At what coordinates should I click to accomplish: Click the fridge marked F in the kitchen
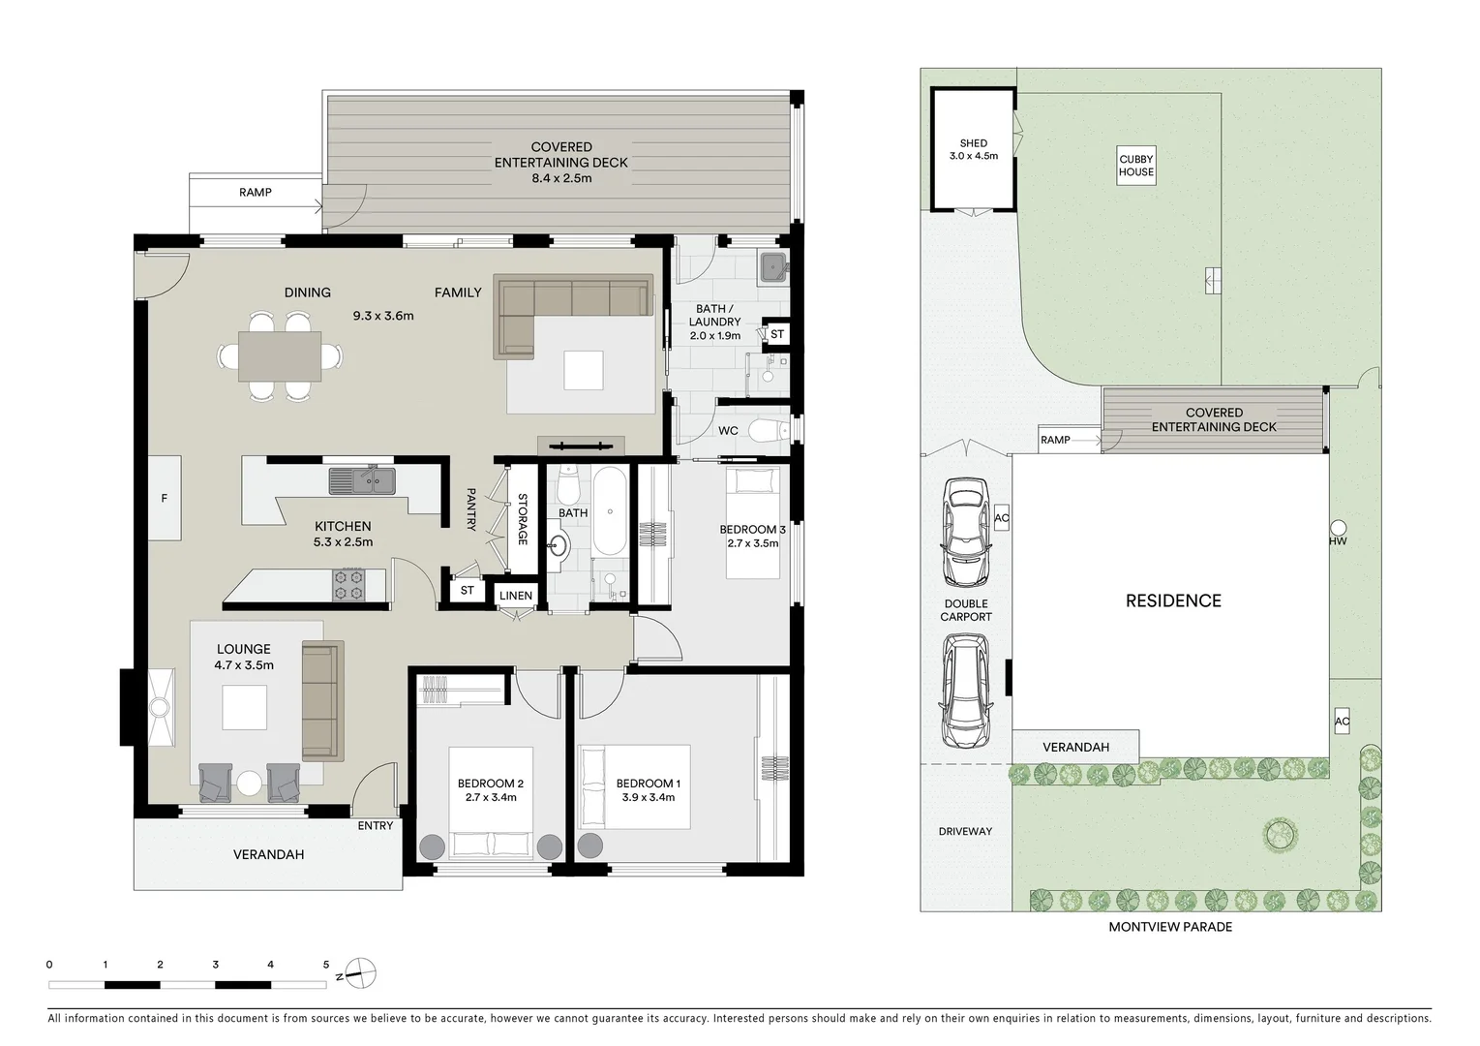[x=165, y=498]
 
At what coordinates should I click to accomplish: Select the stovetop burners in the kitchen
[x=348, y=584]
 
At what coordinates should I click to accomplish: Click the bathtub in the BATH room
[x=610, y=510]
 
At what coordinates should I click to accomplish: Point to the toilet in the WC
[x=771, y=429]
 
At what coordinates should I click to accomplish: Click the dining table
[x=280, y=355]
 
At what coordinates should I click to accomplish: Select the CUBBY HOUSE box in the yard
[x=1136, y=166]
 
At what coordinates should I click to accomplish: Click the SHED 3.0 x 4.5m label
[x=973, y=149]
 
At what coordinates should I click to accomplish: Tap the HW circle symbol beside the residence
[x=1338, y=528]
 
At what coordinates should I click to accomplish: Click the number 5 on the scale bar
[x=326, y=965]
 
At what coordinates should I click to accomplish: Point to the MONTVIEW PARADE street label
[x=1170, y=927]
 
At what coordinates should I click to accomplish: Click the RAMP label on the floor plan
[x=256, y=193]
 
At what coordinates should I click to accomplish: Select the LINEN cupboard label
[x=516, y=596]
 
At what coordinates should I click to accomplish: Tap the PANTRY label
[x=471, y=508]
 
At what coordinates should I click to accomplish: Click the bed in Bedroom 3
[x=753, y=523]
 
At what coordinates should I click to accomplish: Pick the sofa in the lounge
[x=323, y=699]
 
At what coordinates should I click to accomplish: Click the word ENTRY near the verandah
[x=376, y=825]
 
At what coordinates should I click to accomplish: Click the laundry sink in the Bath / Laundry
[x=772, y=266]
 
